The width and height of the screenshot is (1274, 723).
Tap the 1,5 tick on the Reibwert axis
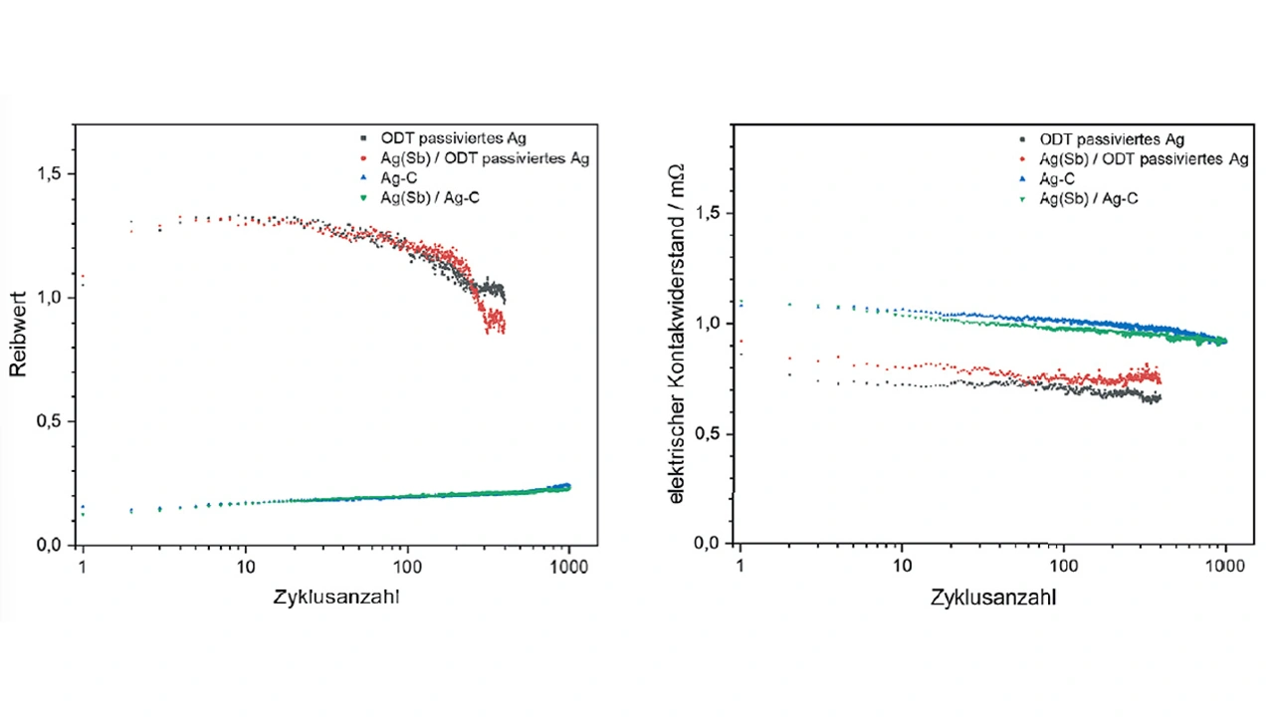pyautogui.click(x=50, y=174)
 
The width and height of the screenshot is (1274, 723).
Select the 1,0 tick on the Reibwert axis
pyautogui.click(x=50, y=298)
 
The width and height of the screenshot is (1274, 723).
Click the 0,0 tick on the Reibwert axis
pyautogui.click(x=50, y=546)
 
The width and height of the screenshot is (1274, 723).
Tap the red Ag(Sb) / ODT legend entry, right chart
pyautogui.click(x=1143, y=159)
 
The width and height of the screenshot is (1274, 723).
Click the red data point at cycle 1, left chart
pyautogui.click(x=84, y=276)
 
